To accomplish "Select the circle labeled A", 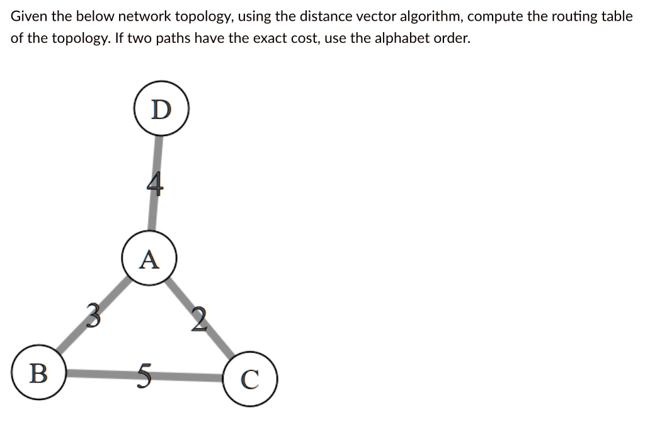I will tap(149, 259).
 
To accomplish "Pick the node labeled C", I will tap(250, 379).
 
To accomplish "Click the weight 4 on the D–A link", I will tap(155, 185).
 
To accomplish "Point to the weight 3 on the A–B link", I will tap(93, 314).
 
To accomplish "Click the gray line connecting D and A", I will tap(156, 158).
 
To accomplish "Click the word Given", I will tap(27, 17).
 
